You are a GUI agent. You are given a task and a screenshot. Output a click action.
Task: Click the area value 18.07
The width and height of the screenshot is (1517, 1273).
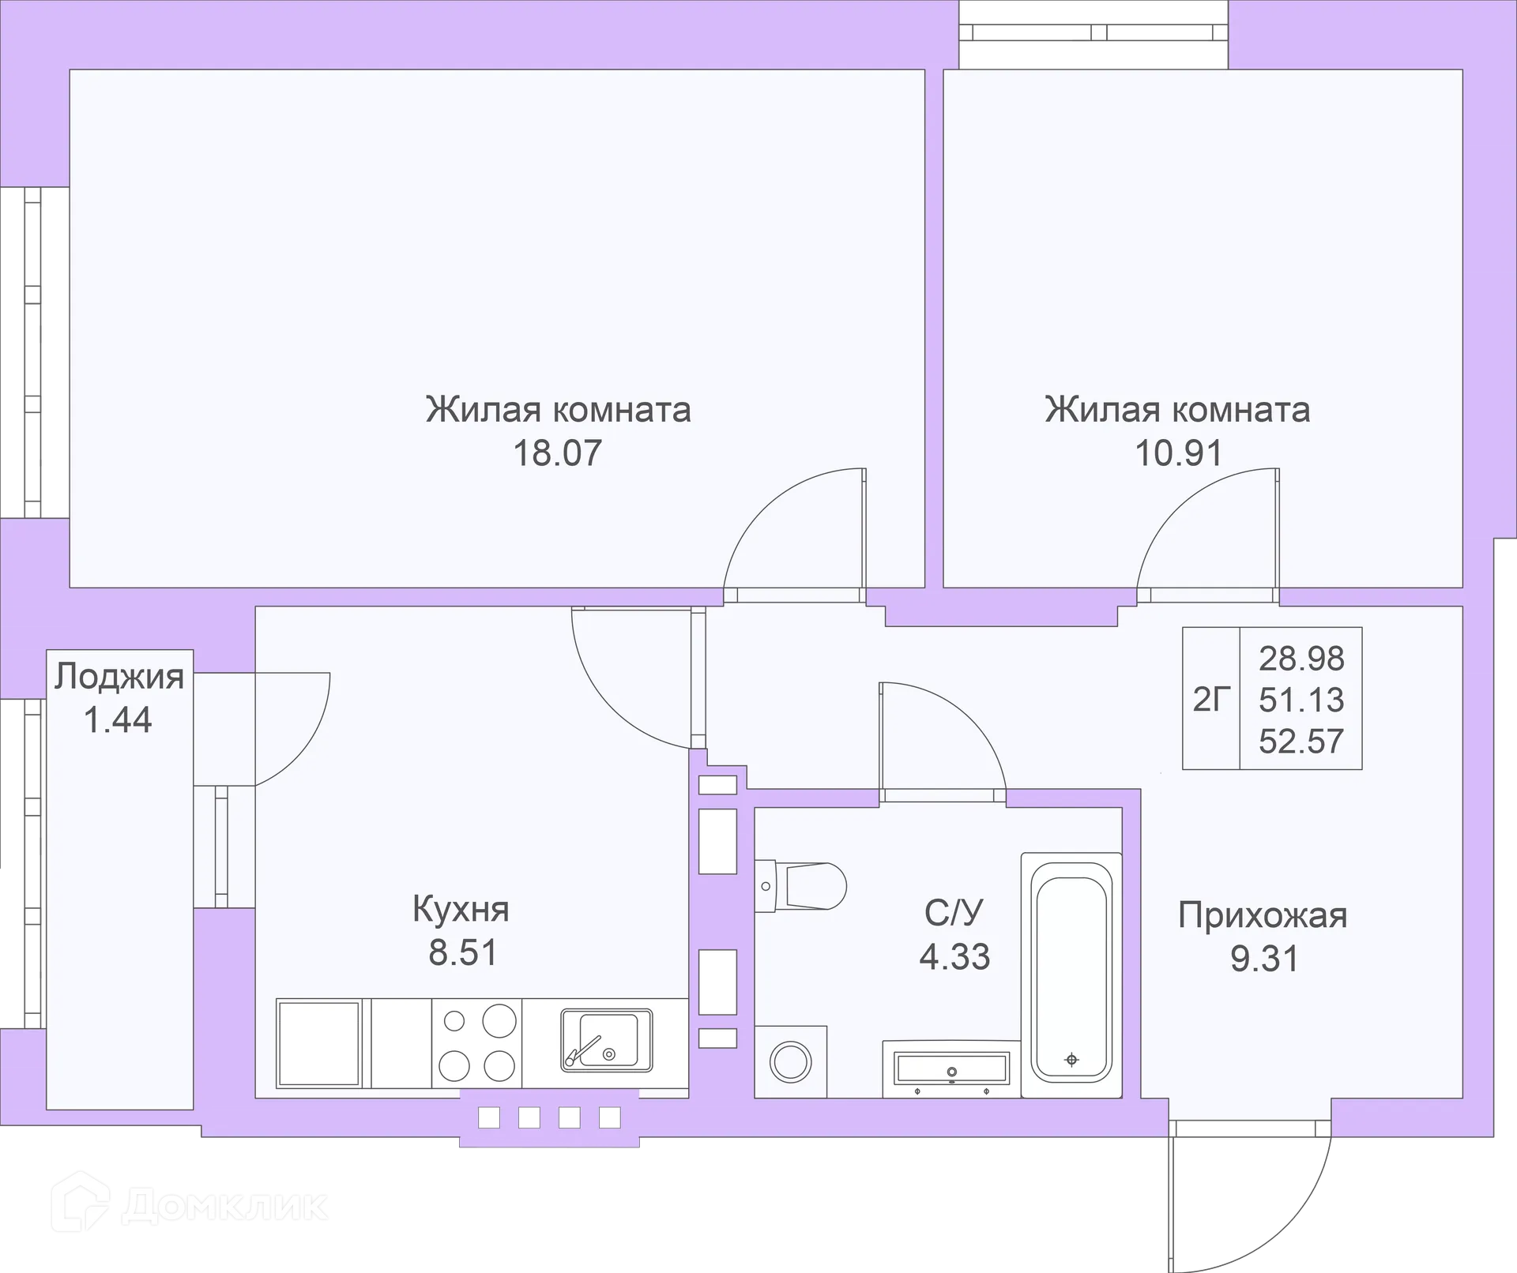click(x=558, y=453)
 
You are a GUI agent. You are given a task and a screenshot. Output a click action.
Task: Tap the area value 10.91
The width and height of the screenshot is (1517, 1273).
click(x=1178, y=453)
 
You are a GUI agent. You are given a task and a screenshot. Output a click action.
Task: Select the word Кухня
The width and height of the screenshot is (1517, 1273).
click(x=461, y=909)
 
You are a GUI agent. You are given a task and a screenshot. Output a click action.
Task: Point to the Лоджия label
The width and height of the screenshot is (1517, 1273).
click(x=119, y=677)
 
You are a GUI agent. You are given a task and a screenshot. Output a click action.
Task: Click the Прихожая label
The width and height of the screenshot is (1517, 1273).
click(x=1263, y=915)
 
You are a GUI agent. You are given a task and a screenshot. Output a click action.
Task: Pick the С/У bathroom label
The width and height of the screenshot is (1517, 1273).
click(x=954, y=913)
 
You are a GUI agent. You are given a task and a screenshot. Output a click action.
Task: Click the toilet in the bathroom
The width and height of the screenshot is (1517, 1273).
click(x=802, y=886)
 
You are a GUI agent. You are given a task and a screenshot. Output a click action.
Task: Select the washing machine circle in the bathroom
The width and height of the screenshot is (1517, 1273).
click(x=790, y=1062)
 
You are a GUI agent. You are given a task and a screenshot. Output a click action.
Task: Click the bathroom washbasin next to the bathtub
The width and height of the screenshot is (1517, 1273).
click(x=951, y=1070)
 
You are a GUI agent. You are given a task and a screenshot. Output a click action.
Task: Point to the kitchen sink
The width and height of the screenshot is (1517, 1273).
click(x=607, y=1040)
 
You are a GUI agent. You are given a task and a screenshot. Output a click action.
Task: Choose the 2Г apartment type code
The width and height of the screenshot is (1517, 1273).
click(x=1211, y=699)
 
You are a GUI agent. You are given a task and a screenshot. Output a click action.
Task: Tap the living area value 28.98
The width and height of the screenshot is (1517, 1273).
click(x=1301, y=658)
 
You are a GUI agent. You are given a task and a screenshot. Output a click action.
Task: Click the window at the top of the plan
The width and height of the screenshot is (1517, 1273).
click(x=1094, y=33)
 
